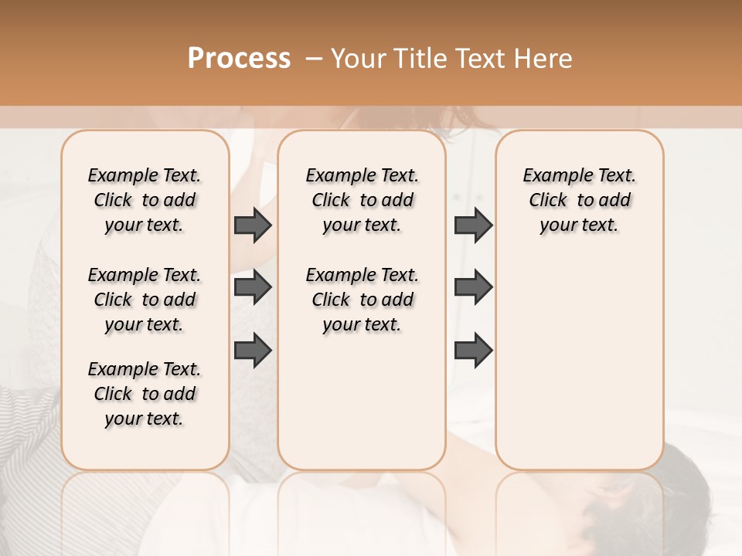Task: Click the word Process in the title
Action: tap(239, 58)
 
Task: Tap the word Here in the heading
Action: tap(544, 58)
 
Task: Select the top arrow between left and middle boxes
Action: tap(253, 225)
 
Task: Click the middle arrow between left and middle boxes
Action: tap(253, 287)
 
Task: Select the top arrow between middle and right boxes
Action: tap(473, 225)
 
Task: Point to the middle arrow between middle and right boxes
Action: tap(473, 287)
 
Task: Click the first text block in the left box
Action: tap(145, 200)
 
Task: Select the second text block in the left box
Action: tap(145, 300)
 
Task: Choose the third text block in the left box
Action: tap(145, 394)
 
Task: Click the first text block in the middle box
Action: tap(362, 200)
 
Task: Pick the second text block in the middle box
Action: tap(362, 300)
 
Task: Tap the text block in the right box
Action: tap(580, 200)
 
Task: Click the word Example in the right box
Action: tap(553, 176)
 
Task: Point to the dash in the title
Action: tap(314, 58)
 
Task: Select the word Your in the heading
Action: tap(359, 58)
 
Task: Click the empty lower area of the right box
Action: tap(580, 363)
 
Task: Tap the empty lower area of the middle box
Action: tap(362, 402)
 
